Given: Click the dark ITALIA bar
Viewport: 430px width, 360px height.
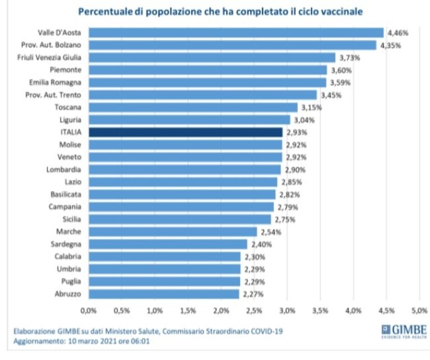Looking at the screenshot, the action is (x=186, y=132).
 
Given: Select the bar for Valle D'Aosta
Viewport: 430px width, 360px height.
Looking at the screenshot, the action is (x=236, y=33).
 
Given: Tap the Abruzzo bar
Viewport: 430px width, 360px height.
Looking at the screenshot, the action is (x=164, y=294).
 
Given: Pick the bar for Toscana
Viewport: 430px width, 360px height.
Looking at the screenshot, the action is (x=193, y=107).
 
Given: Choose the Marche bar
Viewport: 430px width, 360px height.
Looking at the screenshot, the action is (x=173, y=232).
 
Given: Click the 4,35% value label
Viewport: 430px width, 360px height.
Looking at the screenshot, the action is (x=391, y=45).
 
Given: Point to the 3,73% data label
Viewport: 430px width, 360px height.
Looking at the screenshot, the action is (x=350, y=58).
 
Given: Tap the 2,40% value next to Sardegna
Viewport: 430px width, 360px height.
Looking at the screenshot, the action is (x=262, y=244).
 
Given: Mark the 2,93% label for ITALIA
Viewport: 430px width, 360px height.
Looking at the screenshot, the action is (x=297, y=132).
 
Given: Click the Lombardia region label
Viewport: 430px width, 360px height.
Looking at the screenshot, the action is (x=63, y=169).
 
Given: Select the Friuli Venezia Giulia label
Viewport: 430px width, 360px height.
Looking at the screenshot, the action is (x=49, y=57).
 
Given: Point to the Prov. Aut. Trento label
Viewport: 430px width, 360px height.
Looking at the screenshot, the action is (x=53, y=95).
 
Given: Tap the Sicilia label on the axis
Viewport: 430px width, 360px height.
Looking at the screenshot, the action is (x=72, y=219).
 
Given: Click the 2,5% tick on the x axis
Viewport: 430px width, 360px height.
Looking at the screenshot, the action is (x=254, y=311).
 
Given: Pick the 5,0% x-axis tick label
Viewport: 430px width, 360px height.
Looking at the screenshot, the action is (x=419, y=311).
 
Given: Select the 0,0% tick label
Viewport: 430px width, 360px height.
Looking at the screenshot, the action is (x=89, y=311).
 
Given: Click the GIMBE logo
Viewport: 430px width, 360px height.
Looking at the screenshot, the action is (x=404, y=331).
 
